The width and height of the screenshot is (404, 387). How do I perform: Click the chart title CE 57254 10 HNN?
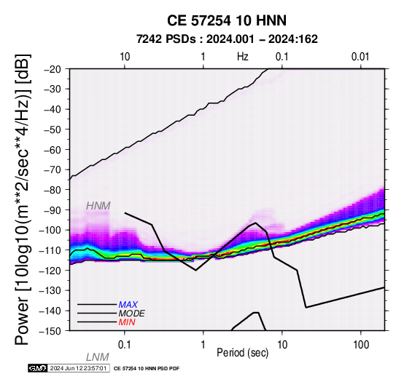(x=227, y=20)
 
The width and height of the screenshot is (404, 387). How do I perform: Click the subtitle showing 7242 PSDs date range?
(x=227, y=39)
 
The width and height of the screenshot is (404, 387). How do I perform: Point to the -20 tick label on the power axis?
(x=52, y=69)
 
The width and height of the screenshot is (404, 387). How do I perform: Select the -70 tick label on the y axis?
(x=52, y=170)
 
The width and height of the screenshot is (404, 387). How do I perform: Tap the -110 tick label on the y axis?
(x=50, y=250)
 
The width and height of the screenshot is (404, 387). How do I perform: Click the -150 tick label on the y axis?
(x=50, y=331)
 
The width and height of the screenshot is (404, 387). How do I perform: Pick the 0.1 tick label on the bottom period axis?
(x=124, y=345)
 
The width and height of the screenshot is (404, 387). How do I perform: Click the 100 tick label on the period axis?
(x=361, y=345)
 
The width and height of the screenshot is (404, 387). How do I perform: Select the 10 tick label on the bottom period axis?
(x=282, y=345)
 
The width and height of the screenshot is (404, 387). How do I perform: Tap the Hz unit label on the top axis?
(x=242, y=57)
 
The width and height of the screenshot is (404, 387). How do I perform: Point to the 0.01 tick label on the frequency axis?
(x=360, y=57)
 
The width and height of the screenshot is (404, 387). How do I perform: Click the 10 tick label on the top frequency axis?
(x=125, y=57)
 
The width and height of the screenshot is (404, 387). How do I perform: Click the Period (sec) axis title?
(x=242, y=353)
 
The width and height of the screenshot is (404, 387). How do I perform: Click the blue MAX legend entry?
(x=128, y=305)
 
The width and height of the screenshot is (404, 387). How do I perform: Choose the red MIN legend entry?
(x=127, y=322)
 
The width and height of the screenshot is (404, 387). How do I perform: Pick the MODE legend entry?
(x=132, y=314)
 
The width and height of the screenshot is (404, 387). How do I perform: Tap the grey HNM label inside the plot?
(x=98, y=206)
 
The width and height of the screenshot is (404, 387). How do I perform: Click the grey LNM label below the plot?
(x=98, y=357)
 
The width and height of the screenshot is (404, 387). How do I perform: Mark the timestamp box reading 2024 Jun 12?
(x=79, y=368)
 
